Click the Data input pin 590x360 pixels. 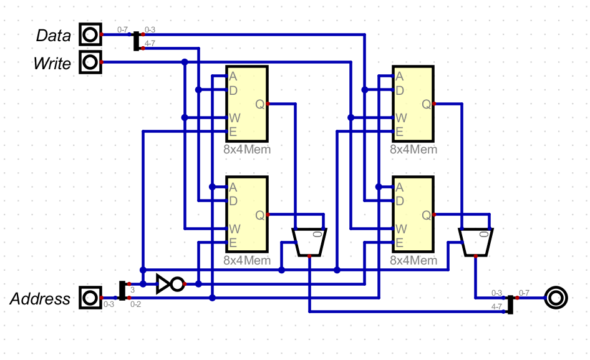pos(90,34)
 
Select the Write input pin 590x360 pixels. pos(90,62)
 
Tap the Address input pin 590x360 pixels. pos(90,298)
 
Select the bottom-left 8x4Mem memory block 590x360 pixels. pos(247,215)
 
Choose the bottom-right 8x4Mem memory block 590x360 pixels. pos(412,215)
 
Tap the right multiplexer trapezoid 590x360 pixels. pos(475,242)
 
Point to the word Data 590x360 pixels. pos(54,36)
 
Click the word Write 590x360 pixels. pos(52,63)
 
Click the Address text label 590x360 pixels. pos(41,299)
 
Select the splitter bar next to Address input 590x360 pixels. pos(122,291)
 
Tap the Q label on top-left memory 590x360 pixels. pos(259,104)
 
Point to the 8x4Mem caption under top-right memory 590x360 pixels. pos(413,150)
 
